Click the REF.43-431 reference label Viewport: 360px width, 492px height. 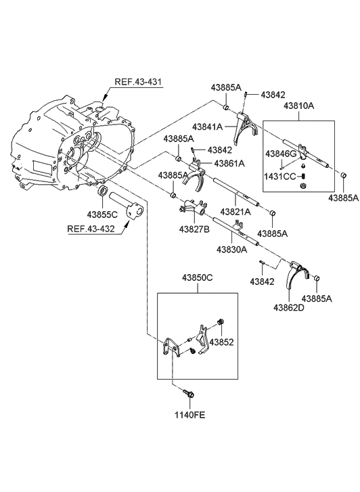click(138, 82)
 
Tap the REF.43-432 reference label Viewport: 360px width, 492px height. click(91, 229)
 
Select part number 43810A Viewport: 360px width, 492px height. click(299, 106)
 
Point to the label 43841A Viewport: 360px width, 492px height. click(208, 127)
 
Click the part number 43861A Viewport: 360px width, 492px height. click(229, 163)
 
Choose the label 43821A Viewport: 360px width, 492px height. click(235, 212)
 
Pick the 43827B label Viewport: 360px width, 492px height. click(194, 229)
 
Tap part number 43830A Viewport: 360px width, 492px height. click(231, 250)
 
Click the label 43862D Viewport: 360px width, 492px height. click(289, 307)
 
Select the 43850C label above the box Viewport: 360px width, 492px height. click(198, 277)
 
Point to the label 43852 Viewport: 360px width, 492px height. click(221, 342)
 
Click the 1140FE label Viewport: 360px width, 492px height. click(190, 415)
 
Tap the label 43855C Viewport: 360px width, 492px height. click(102, 215)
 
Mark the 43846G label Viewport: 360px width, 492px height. click(281, 154)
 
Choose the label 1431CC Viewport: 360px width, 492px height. click(280, 177)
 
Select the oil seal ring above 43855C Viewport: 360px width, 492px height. click(104, 191)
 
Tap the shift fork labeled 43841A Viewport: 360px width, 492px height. click(245, 127)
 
